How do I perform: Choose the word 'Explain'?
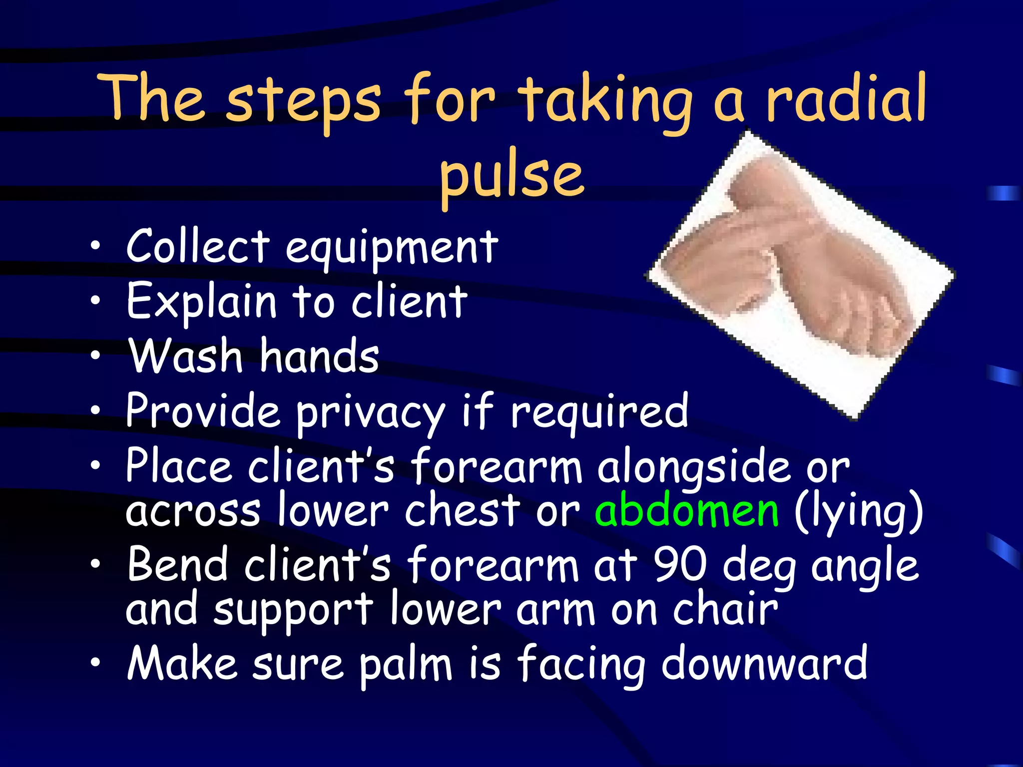click(201, 302)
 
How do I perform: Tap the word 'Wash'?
click(186, 356)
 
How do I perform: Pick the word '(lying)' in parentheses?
click(858, 511)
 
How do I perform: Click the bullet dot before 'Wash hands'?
click(95, 355)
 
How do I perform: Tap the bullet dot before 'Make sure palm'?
click(95, 663)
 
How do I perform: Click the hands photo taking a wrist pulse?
click(801, 275)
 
